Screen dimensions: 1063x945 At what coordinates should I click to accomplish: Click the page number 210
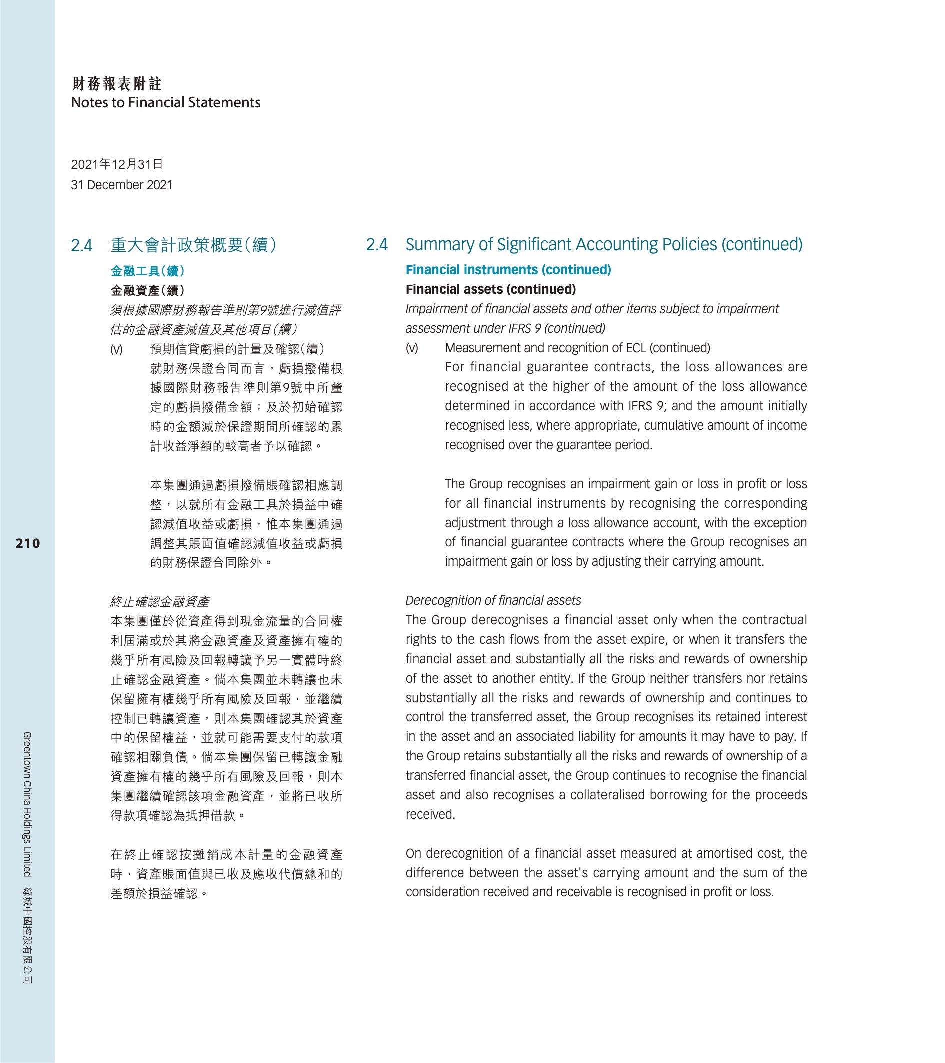pyautogui.click(x=28, y=543)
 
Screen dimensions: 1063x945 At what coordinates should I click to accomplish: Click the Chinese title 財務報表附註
pyautogui.click(x=117, y=83)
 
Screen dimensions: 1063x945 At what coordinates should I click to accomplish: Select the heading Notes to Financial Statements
pyautogui.click(x=166, y=103)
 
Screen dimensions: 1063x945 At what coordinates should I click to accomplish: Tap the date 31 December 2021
pyautogui.click(x=121, y=185)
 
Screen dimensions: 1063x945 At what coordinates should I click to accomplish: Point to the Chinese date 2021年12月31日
pyautogui.click(x=117, y=165)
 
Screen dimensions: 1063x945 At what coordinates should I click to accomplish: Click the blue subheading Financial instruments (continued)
pyautogui.click(x=508, y=270)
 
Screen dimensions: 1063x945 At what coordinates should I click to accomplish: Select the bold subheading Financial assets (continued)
pyautogui.click(x=490, y=289)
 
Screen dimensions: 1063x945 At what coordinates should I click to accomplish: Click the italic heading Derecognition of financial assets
pyautogui.click(x=493, y=600)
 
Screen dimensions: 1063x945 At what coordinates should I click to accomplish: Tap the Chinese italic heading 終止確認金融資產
pyautogui.click(x=159, y=602)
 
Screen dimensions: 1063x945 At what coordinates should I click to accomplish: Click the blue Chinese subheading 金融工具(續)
pyautogui.click(x=147, y=271)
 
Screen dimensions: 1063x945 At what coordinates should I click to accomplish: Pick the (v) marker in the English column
pyautogui.click(x=411, y=348)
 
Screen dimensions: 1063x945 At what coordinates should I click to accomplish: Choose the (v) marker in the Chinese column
pyautogui.click(x=116, y=350)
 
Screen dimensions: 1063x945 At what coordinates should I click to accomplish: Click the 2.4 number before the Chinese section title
pyautogui.click(x=81, y=245)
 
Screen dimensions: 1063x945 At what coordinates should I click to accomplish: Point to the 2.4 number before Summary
pyautogui.click(x=377, y=245)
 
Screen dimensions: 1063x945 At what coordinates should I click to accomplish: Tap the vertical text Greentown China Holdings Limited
pyautogui.click(x=27, y=804)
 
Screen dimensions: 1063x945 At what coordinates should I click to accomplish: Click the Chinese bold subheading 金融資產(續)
pyautogui.click(x=147, y=290)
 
